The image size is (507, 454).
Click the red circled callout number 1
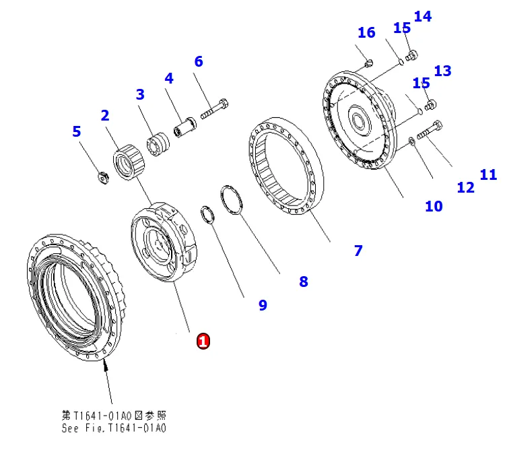(203, 341)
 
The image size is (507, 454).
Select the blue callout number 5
(77, 131)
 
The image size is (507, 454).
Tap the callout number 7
(358, 251)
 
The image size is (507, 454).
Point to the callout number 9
(263, 305)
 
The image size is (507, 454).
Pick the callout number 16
(366, 32)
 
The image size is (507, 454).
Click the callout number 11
(488, 175)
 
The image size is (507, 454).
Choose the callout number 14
(423, 16)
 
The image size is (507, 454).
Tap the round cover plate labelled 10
(360, 125)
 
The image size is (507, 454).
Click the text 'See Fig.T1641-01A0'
(114, 428)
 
